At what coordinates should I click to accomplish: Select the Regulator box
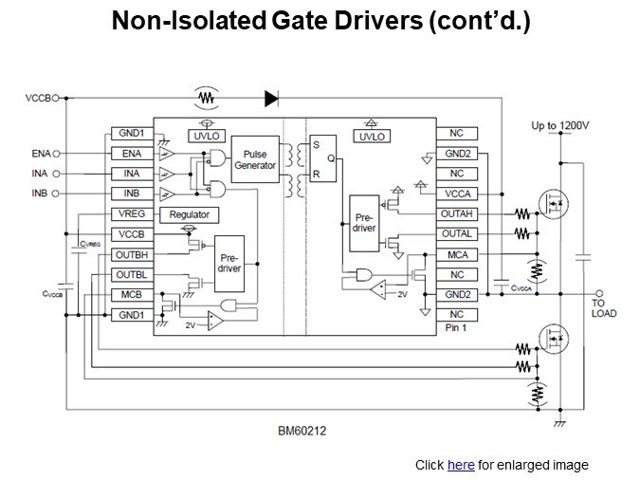[190, 215]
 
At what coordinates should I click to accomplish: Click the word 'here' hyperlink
[460, 465]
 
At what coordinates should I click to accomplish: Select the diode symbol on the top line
[271, 97]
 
